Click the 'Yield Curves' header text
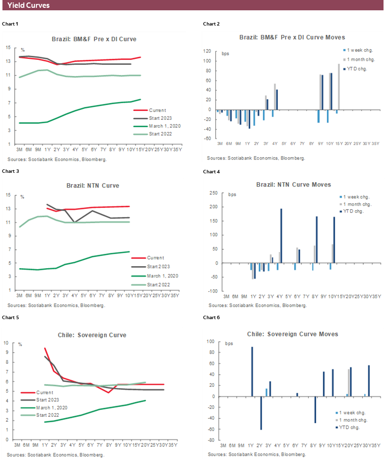[x=29, y=6]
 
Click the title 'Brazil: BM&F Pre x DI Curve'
[x=94, y=39]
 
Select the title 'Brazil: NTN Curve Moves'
[x=294, y=185]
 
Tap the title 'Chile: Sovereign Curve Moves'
[x=293, y=334]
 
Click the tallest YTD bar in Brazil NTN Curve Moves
[x=281, y=236]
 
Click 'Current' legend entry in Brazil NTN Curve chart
[x=155, y=258]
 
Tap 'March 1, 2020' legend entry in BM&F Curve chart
[x=164, y=126]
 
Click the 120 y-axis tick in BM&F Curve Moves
[x=207, y=51]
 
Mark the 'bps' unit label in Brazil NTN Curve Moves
[x=232, y=194]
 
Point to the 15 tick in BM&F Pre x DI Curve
[x=8, y=48]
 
